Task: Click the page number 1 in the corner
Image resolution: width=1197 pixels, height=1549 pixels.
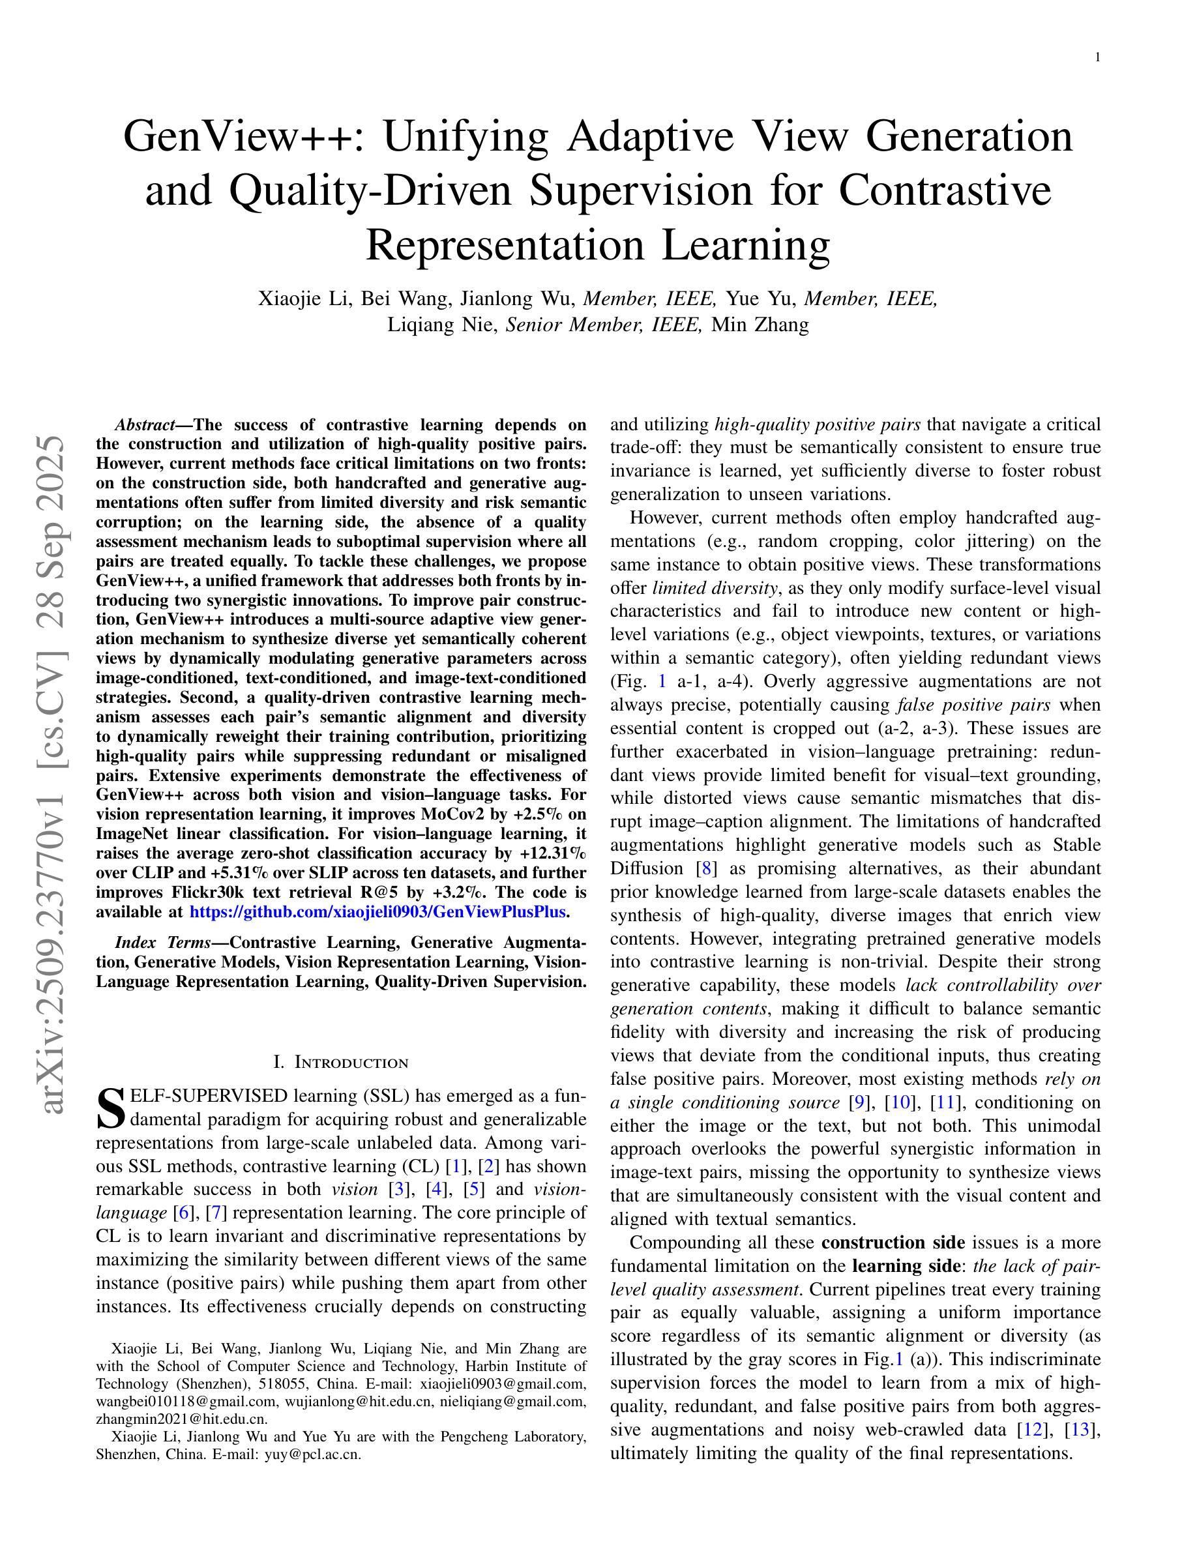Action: pos(1098,58)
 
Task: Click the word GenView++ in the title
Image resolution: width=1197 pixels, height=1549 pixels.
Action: pos(237,136)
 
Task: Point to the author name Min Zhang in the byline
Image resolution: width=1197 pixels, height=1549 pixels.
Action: pos(760,325)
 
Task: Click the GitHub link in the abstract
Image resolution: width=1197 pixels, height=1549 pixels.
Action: pos(378,912)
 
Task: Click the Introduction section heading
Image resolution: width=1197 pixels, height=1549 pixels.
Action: pos(340,1063)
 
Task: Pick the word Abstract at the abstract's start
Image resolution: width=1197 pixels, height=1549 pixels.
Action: pos(145,425)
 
